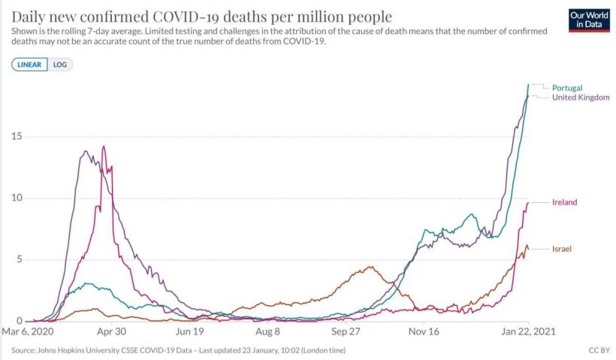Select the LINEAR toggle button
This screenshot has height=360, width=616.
pos(29,65)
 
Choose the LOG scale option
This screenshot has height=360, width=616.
pos(60,65)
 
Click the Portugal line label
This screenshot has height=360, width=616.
pos(567,88)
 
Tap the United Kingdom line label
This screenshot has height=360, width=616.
pos(581,98)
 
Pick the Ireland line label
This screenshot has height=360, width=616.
pos(564,202)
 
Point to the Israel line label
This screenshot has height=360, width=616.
pos(563,248)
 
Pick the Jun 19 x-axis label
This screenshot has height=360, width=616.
pos(189,331)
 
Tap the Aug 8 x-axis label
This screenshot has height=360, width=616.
pos(267,331)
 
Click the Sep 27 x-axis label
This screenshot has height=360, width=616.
pos(346,331)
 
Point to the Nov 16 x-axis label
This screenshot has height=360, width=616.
pos(424,331)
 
